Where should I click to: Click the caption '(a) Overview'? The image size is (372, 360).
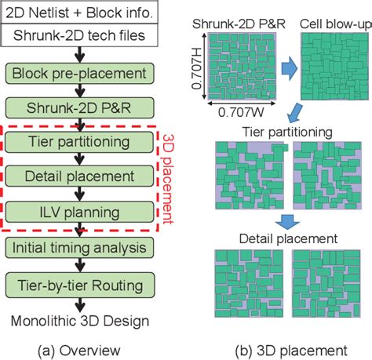coord(82,348)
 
